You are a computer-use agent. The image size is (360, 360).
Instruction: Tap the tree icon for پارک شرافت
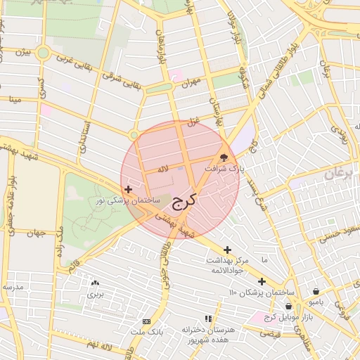[x=224, y=157]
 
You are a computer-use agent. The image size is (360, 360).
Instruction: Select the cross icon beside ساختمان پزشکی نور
[x=127, y=189]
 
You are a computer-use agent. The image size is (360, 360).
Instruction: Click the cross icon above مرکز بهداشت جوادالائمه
[x=227, y=250]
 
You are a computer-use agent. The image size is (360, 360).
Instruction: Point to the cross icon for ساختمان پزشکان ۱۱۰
[x=262, y=281]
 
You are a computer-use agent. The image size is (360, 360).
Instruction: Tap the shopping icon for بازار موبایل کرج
[x=289, y=306]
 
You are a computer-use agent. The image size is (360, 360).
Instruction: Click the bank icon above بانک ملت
[x=146, y=321]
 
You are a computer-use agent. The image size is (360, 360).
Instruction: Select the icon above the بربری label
[x=95, y=283]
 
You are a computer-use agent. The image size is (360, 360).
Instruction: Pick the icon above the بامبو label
[x=316, y=291]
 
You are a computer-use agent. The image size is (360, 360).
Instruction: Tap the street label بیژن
[x=25, y=52]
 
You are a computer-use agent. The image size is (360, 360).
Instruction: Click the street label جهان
[x=37, y=233]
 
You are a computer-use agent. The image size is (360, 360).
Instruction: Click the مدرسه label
[x=13, y=287]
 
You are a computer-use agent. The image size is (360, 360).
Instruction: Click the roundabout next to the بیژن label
[x=44, y=53]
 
